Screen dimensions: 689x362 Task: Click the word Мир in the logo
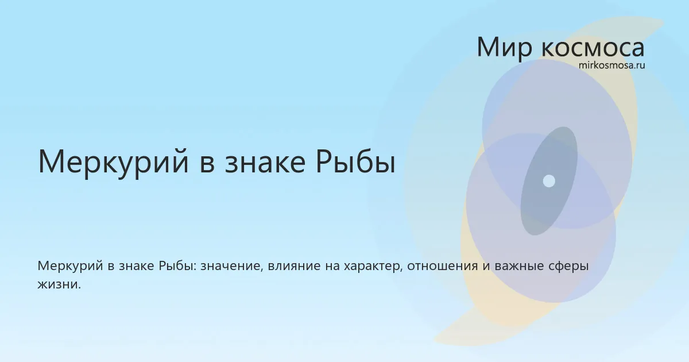click(505, 47)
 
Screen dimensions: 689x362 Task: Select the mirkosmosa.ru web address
click(611, 66)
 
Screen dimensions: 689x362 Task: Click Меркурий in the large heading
click(113, 162)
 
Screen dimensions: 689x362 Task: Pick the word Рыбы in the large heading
click(355, 162)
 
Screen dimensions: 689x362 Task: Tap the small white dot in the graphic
click(549, 181)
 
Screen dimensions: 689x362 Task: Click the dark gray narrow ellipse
click(549, 181)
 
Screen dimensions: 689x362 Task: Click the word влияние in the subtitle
click(294, 266)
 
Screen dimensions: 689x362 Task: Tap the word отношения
click(443, 266)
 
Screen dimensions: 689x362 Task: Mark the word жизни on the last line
click(59, 284)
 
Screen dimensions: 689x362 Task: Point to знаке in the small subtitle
click(137, 266)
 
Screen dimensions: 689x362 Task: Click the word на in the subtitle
click(332, 266)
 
